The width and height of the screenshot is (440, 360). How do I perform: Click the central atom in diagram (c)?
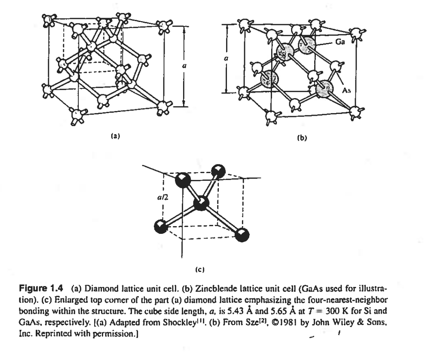coord(202,203)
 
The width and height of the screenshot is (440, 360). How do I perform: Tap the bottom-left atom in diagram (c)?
coord(160,226)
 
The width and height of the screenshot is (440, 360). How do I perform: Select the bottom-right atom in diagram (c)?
coord(242,235)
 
